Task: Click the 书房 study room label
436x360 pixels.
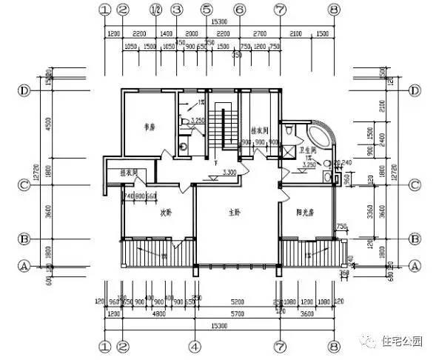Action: pos(150,127)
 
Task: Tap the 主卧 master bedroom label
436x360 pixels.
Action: pos(235,212)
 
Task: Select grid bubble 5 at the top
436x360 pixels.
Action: pos(205,10)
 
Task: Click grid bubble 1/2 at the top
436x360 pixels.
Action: pos(156,10)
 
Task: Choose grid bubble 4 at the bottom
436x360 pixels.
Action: pos(194,346)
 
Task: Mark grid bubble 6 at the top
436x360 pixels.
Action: pos(239,10)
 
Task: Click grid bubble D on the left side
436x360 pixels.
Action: pos(24,90)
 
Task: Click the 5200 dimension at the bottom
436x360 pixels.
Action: pos(237,302)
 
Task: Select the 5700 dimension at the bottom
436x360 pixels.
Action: pos(236,313)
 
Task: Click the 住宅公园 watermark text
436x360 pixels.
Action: pos(403,342)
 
